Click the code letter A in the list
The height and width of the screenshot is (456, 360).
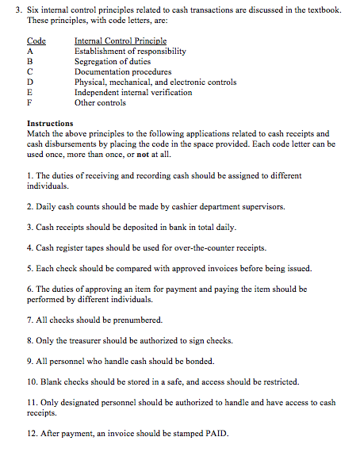30,51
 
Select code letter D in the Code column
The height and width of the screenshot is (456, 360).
30,82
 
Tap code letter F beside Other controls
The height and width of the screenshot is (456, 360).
29,102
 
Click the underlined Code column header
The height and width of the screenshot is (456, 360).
36,40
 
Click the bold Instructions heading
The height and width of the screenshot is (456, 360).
50,124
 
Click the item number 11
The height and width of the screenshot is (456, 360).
32,402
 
